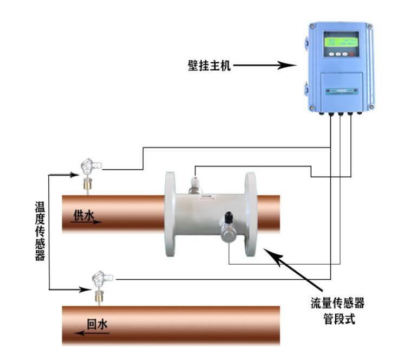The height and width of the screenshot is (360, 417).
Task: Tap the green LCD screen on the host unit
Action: click(341, 41)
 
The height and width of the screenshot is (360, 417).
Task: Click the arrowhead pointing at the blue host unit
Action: click(290, 66)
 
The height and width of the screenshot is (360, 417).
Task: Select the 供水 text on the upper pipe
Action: click(84, 216)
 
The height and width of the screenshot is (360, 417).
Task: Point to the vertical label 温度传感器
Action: click(40, 230)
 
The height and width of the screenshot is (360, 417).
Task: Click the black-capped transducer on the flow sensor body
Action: click(228, 220)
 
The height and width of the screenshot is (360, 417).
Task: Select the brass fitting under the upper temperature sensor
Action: click(87, 184)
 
